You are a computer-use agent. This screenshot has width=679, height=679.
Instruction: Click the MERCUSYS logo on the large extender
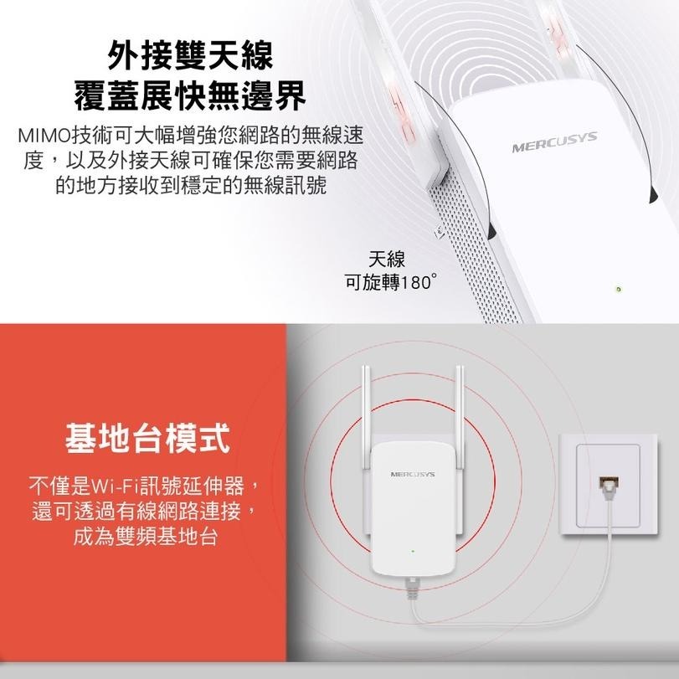pos(555,143)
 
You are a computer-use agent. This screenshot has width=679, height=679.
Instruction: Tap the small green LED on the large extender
pos(618,289)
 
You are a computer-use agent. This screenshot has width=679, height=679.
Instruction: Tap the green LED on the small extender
pos(412,552)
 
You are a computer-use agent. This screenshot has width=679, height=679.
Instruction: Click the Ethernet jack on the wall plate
pos(604,484)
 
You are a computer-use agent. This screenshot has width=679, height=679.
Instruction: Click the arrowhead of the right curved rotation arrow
pos(651,195)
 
